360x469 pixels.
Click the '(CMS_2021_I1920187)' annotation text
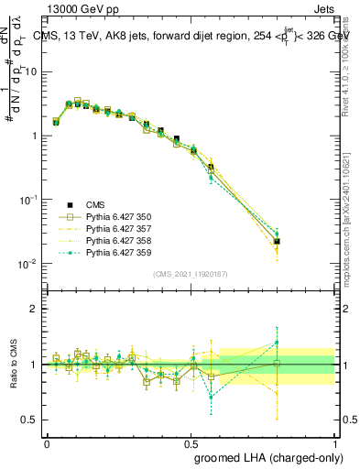[x=190, y=272]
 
